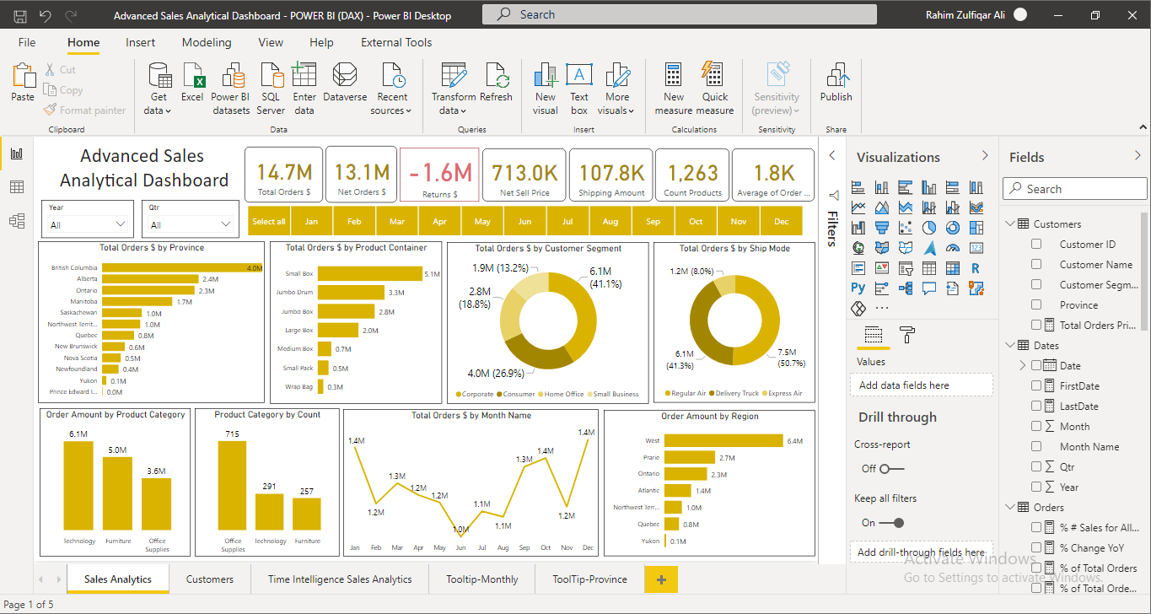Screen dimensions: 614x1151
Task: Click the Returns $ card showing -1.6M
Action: click(439, 175)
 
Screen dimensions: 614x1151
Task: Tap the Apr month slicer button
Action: click(439, 222)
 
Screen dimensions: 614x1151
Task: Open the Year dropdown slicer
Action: click(88, 225)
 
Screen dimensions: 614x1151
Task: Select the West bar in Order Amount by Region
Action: click(723, 440)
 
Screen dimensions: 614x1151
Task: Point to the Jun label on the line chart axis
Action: click(460, 548)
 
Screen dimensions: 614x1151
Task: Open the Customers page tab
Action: click(210, 579)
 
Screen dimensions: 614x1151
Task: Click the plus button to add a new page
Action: click(661, 579)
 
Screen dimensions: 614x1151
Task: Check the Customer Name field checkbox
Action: click(1036, 265)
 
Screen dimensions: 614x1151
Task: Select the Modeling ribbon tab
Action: click(207, 42)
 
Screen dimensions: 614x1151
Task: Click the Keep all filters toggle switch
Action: click(891, 523)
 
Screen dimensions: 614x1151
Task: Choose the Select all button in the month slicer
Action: click(269, 222)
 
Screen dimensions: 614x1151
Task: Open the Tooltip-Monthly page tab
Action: click(482, 579)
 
